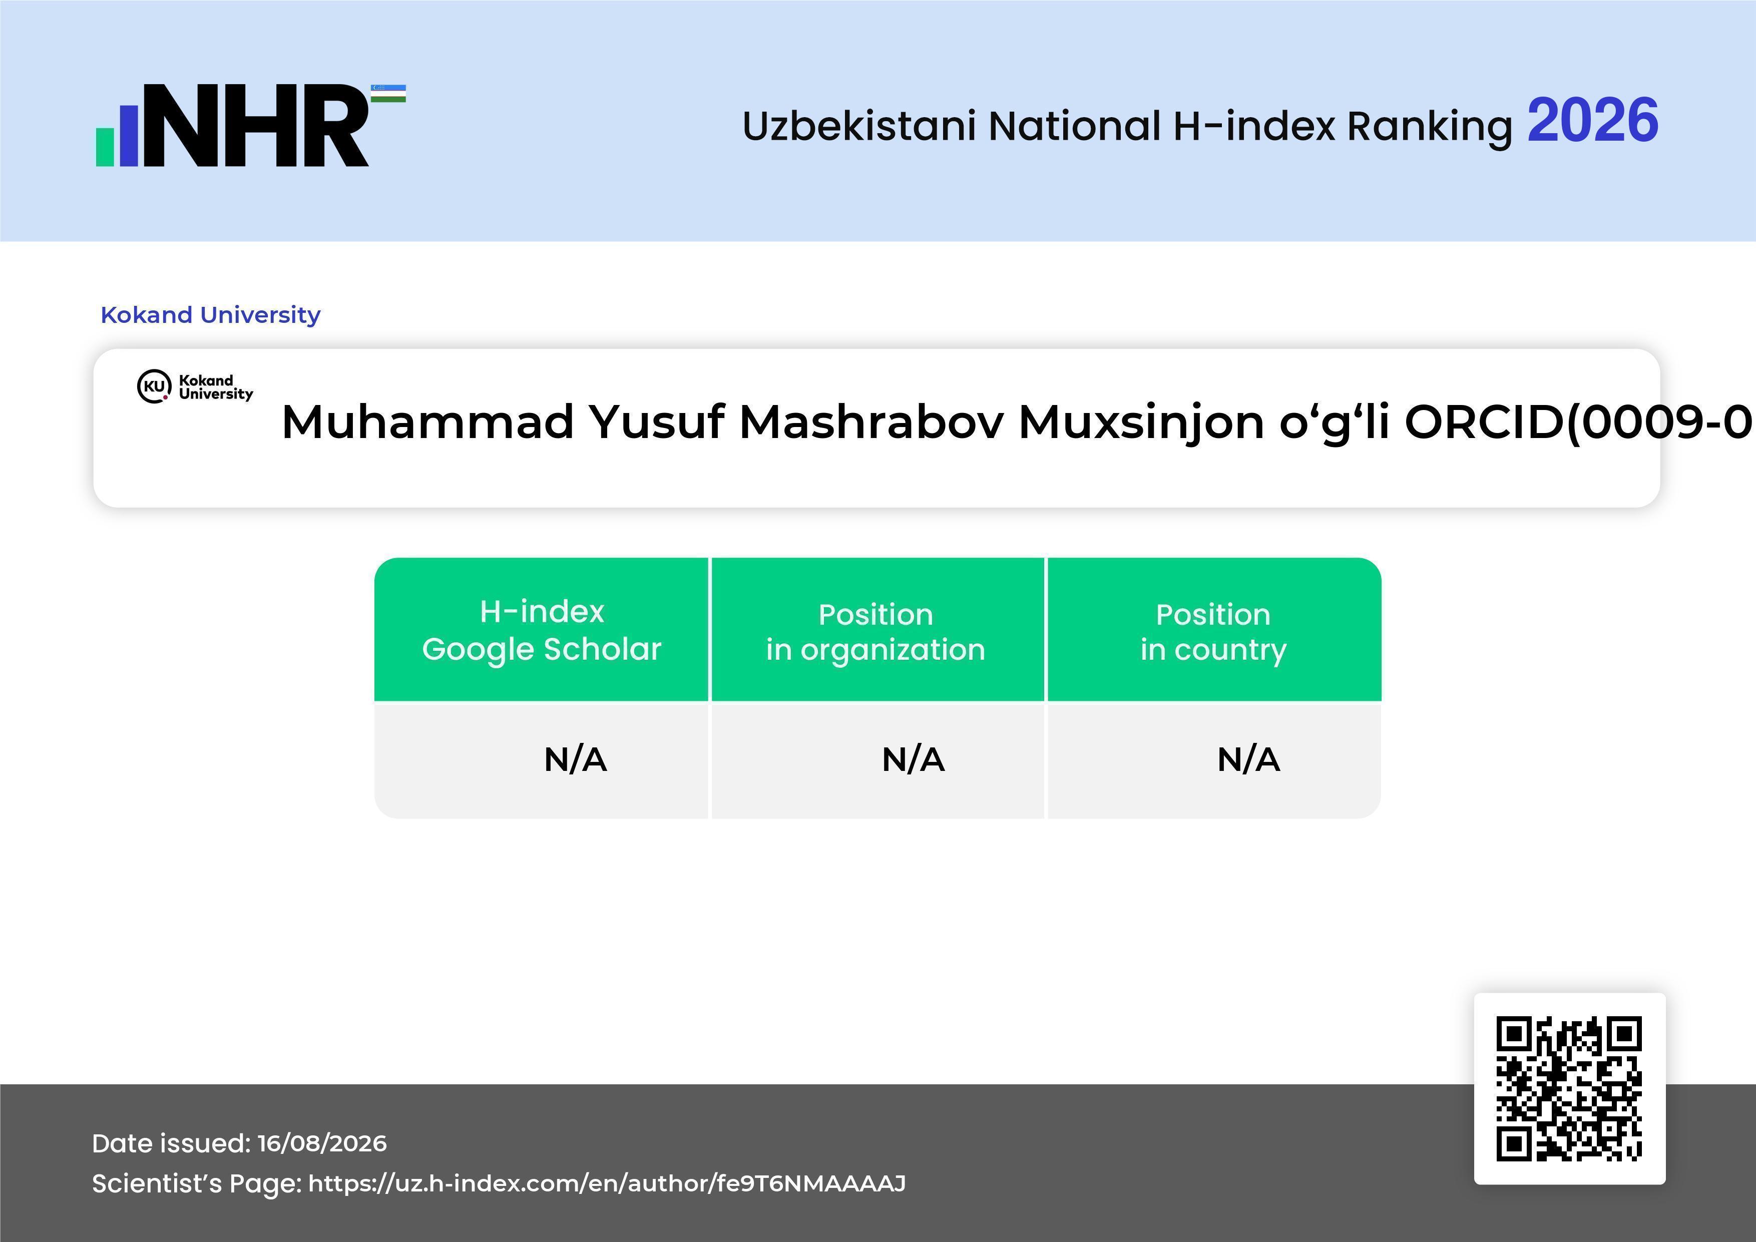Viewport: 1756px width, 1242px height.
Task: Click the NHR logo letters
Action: (256, 126)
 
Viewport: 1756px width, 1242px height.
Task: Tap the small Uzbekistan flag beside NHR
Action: (388, 93)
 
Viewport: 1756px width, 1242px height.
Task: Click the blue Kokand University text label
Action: (210, 314)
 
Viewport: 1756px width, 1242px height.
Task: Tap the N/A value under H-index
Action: (575, 759)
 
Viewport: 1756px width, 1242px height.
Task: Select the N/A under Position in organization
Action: (913, 759)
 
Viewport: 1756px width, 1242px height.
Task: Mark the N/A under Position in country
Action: (1248, 759)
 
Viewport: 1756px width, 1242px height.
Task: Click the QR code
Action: (1569, 1088)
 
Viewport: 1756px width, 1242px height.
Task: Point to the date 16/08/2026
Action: (322, 1143)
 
